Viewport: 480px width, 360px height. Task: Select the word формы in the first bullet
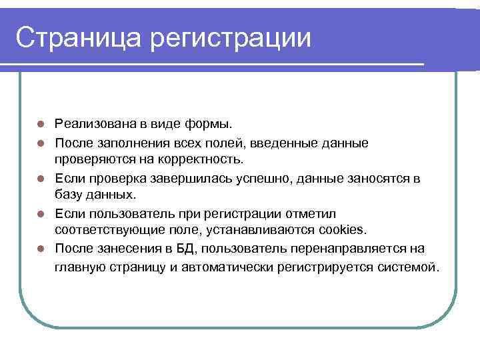click(x=210, y=124)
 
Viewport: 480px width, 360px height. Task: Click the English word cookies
click(x=341, y=231)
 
